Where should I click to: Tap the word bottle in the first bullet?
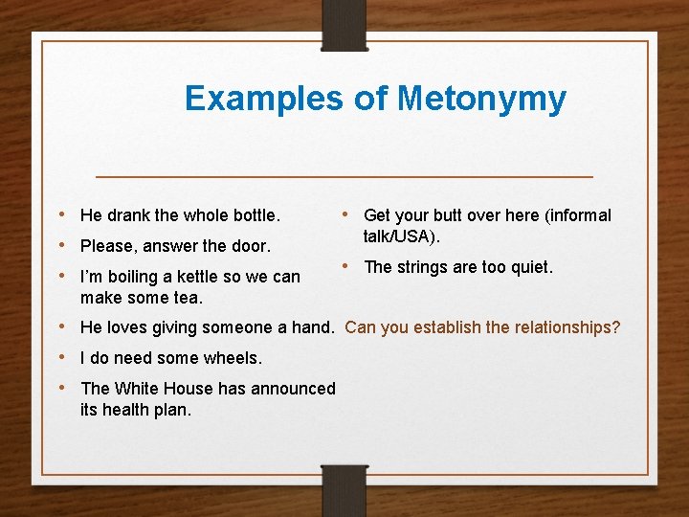pyautogui.click(x=253, y=215)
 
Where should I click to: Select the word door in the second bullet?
pyautogui.click(x=252, y=246)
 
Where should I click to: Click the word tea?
pyautogui.click(x=186, y=297)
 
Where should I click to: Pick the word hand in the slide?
pyautogui.click(x=311, y=327)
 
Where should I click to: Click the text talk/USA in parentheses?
pyautogui.click(x=399, y=236)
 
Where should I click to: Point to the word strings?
pyautogui.click(x=423, y=267)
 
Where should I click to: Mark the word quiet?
pyautogui.click(x=530, y=267)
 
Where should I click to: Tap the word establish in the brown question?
pyautogui.click(x=446, y=327)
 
